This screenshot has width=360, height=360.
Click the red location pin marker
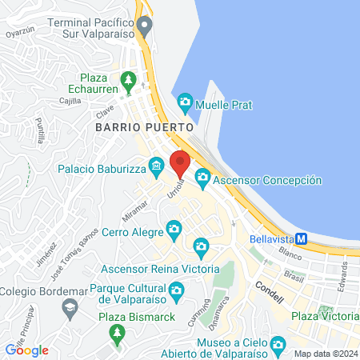pyautogui.click(x=179, y=162)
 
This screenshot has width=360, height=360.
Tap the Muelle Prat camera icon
pyautogui.click(x=186, y=102)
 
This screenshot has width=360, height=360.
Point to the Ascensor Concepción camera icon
pyautogui.click(x=203, y=177)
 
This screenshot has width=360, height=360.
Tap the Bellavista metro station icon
pyautogui.click(x=302, y=238)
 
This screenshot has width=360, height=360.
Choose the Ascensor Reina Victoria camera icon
pyautogui.click(x=201, y=246)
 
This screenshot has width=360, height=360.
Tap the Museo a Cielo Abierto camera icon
pyautogui.click(x=278, y=345)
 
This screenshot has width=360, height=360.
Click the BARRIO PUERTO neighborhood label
pyautogui.click(x=144, y=127)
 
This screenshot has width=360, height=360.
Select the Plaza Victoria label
pyautogui.click(x=323, y=318)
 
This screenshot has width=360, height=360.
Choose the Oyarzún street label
pyautogui.click(x=21, y=34)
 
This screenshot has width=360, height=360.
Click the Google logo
pyautogui.click(x=27, y=350)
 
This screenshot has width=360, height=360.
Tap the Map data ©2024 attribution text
pyautogui.click(x=325, y=354)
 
